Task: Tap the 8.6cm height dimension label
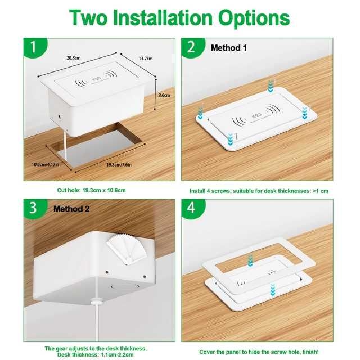[164, 96]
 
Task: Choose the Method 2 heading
[71, 209]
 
